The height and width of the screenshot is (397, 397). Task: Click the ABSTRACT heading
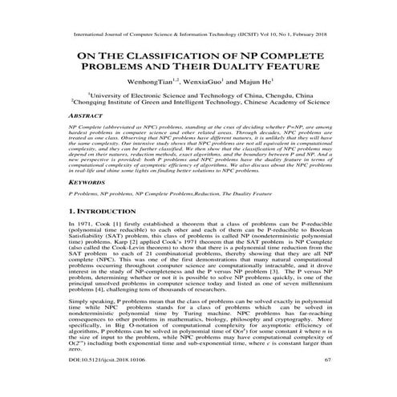(x=87, y=115)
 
